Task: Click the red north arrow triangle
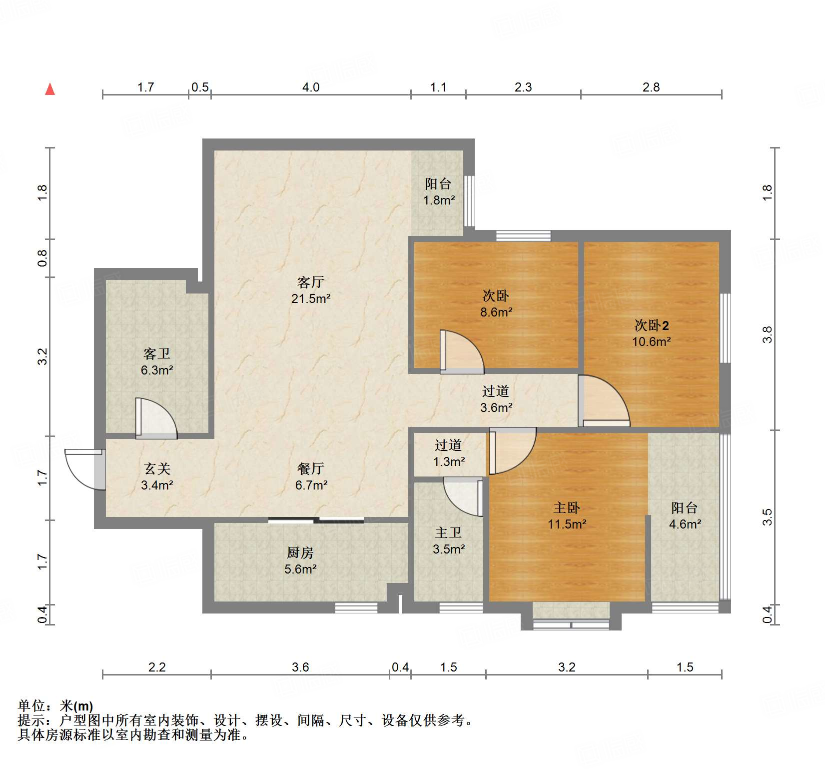pyautogui.click(x=50, y=89)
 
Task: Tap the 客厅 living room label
pyautogui.click(x=310, y=282)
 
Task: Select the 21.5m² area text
pyautogui.click(x=311, y=299)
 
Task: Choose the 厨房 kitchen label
pyautogui.click(x=300, y=552)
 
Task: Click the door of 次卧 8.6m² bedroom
pyautogui.click(x=462, y=352)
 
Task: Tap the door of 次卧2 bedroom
pyautogui.click(x=604, y=401)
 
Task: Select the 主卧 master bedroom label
pyautogui.click(x=567, y=508)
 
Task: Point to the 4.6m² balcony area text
pyautogui.click(x=685, y=524)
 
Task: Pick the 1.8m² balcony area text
pyautogui.click(x=439, y=200)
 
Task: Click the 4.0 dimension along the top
pyautogui.click(x=311, y=87)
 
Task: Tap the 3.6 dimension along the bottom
pyautogui.click(x=300, y=667)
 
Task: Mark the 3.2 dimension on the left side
pyautogui.click(x=42, y=356)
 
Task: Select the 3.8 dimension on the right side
pyautogui.click(x=767, y=334)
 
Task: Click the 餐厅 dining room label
pyautogui.click(x=311, y=468)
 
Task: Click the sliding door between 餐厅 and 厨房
pyautogui.click(x=316, y=520)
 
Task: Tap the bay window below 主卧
pyautogui.click(x=571, y=624)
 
